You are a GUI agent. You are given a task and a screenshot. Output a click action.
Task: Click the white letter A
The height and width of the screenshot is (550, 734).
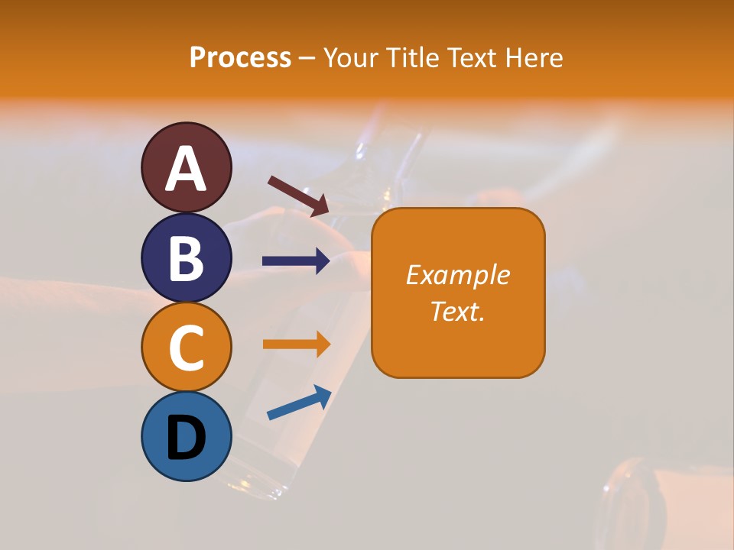pyautogui.click(x=187, y=170)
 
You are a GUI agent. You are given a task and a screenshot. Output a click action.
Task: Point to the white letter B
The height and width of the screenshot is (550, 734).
pyautogui.click(x=187, y=258)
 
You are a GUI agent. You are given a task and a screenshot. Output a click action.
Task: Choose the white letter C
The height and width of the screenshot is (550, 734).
pyautogui.click(x=187, y=347)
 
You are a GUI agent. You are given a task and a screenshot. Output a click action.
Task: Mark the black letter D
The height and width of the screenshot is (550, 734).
pyautogui.click(x=187, y=437)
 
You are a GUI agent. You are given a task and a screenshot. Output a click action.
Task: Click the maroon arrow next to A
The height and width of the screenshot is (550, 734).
pyautogui.click(x=299, y=196)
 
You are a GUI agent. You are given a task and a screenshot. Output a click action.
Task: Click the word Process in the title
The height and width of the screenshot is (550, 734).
pyautogui.click(x=240, y=58)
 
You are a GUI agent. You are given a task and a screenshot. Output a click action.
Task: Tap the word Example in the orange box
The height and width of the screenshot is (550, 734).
pyautogui.click(x=458, y=275)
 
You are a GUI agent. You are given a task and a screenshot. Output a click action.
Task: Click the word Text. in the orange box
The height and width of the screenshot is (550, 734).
pyautogui.click(x=458, y=312)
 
